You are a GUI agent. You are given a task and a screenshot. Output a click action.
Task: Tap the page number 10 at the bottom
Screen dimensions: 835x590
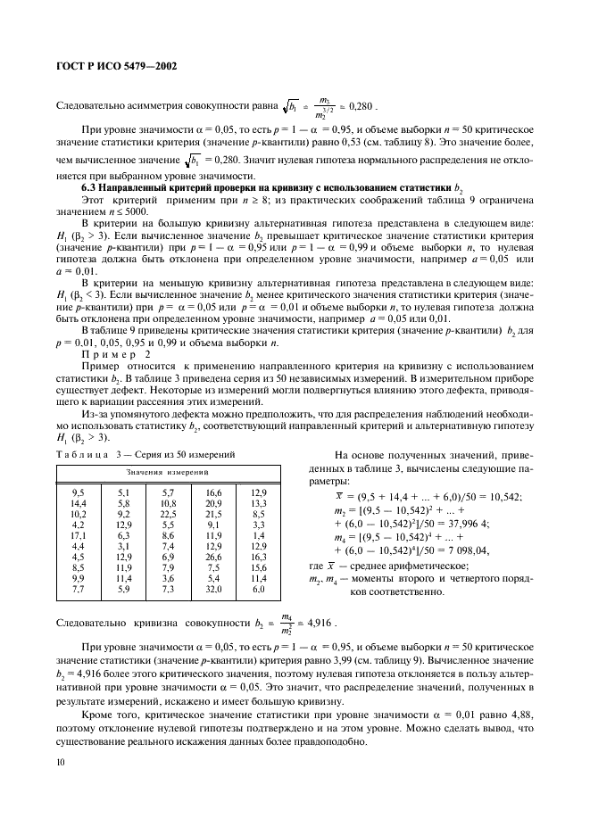tap(62, 761)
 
